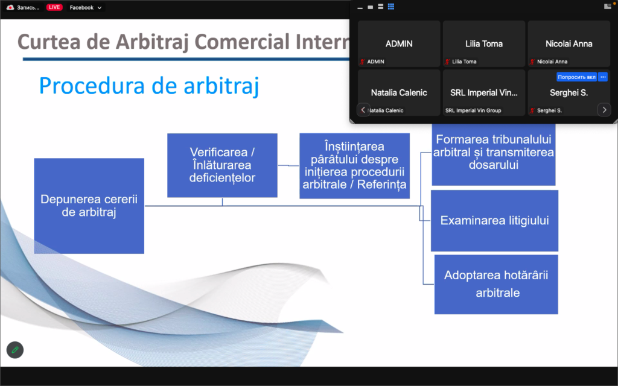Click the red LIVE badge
[54, 7]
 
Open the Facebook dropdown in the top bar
[86, 7]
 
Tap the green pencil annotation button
[15, 350]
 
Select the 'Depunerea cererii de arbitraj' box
[89, 206]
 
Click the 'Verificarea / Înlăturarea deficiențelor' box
[222, 165]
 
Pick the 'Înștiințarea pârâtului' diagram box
[354, 166]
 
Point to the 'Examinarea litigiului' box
[495, 221]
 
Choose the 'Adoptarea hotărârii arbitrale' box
[496, 285]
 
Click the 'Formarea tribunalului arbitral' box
[494, 154]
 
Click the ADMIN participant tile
[399, 43]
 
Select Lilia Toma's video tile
[484, 43]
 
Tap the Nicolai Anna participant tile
[569, 43]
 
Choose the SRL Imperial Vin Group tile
[484, 92]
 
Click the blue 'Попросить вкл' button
[576, 77]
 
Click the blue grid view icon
[391, 6]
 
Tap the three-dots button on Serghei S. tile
[603, 77]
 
